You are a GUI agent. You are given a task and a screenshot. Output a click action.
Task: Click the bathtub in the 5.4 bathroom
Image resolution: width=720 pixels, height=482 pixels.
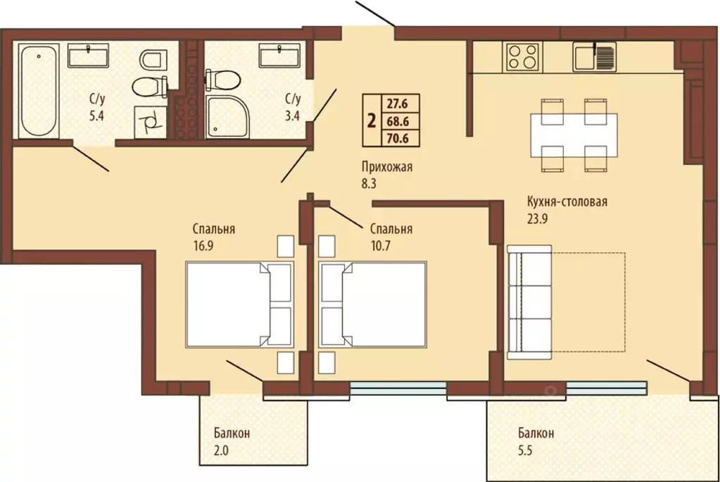click(x=39, y=91)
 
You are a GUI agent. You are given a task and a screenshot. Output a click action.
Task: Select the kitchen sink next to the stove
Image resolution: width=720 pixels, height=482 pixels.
click(x=594, y=57)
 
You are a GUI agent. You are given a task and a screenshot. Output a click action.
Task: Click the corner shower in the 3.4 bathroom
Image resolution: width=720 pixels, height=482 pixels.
click(x=227, y=117)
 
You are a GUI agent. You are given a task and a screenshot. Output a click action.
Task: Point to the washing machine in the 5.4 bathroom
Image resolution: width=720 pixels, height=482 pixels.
click(x=151, y=122)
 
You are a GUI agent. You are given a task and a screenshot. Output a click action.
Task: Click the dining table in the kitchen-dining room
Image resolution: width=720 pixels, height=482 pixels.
click(x=574, y=135)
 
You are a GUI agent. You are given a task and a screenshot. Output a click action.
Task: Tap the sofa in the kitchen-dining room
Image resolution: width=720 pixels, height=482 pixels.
click(x=529, y=302)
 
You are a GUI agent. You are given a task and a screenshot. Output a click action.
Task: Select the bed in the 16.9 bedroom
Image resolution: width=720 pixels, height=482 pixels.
click(x=240, y=304)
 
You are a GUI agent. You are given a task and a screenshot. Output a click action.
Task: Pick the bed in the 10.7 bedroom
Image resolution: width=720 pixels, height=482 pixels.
click(x=372, y=304)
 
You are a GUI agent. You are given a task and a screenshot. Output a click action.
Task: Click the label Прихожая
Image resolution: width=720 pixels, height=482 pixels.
click(x=386, y=167)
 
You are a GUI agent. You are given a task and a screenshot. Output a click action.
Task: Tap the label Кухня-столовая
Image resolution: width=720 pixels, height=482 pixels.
click(x=567, y=202)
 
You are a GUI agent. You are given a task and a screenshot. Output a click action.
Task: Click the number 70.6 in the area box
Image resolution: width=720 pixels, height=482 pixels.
click(x=397, y=138)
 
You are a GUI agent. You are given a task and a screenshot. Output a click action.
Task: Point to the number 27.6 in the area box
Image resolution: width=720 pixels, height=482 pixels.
click(x=397, y=104)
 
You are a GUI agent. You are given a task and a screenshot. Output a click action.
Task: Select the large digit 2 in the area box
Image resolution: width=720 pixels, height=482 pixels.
click(x=372, y=121)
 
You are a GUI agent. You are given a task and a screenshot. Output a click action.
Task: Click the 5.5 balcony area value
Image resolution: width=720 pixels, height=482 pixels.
click(x=525, y=450)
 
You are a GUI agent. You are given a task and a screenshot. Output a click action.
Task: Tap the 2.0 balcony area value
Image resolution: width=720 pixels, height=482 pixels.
click(x=221, y=450)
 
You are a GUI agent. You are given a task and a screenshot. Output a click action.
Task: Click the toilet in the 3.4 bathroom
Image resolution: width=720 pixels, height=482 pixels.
click(x=222, y=80)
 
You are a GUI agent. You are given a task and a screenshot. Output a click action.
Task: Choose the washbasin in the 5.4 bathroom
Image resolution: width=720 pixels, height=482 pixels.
click(x=88, y=56)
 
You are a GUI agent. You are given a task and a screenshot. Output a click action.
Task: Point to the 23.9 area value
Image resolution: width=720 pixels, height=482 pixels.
click(x=537, y=219)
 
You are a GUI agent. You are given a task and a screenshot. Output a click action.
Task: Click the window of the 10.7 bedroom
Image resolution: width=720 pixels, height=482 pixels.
click(x=398, y=388)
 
